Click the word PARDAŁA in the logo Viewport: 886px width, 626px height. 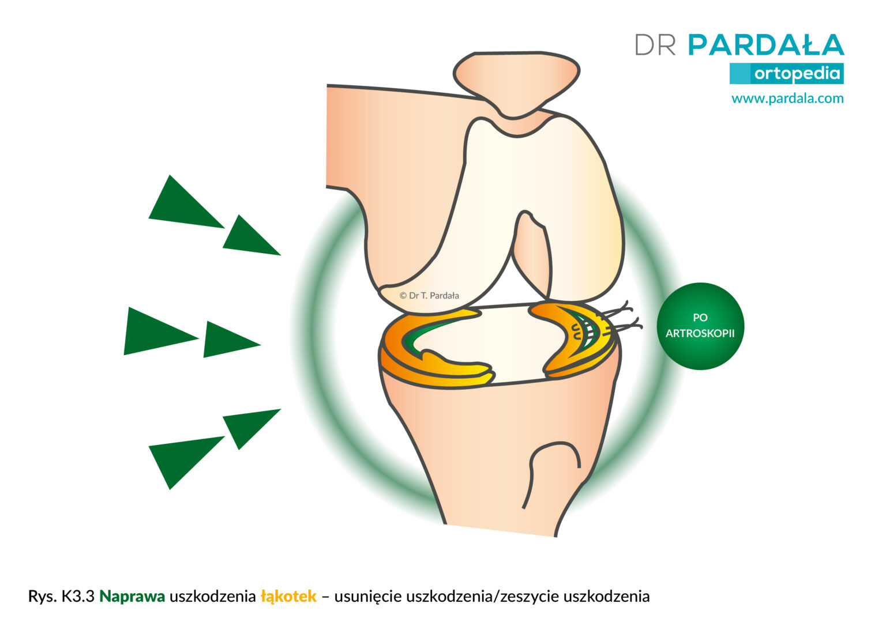click(x=766, y=44)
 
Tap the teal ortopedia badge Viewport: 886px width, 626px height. click(x=786, y=74)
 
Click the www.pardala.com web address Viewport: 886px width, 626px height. click(x=787, y=99)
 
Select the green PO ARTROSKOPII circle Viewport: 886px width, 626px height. click(x=700, y=326)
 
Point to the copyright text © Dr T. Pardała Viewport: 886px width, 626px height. click(x=429, y=296)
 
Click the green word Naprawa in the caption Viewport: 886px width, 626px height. click(x=132, y=597)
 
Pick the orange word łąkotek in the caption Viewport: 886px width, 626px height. click(x=289, y=597)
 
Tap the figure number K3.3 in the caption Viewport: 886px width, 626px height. click(x=77, y=597)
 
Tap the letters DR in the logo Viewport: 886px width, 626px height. click(x=655, y=44)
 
